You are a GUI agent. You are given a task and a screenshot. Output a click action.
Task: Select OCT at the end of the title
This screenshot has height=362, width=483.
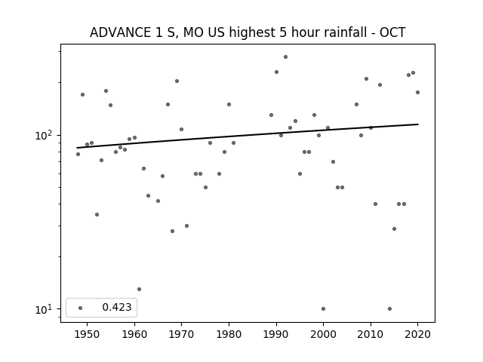pyautogui.click(x=392, y=32)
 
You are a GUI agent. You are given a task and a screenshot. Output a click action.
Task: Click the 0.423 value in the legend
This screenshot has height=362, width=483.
pyautogui.click(x=117, y=307)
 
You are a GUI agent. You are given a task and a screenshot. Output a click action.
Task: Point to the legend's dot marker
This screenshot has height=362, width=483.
pyautogui.click(x=81, y=308)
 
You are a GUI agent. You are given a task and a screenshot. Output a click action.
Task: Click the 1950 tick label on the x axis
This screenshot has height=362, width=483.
pyautogui.click(x=88, y=334)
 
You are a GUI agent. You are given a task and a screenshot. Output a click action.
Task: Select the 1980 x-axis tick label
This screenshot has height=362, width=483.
pyautogui.click(x=229, y=334)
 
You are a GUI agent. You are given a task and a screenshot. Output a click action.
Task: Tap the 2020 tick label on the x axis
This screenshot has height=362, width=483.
pyautogui.click(x=417, y=334)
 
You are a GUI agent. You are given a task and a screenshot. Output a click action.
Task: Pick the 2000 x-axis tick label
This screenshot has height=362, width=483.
pyautogui.click(x=323, y=334)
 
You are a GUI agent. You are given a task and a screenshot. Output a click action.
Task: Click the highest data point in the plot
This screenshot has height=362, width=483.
pyautogui.click(x=285, y=57)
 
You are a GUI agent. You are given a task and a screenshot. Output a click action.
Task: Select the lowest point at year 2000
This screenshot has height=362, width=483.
pyautogui.click(x=323, y=308)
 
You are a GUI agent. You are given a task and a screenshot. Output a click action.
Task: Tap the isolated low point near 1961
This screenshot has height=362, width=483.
pyautogui.click(x=139, y=289)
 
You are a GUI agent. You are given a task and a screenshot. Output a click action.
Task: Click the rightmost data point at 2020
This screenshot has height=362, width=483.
pyautogui.click(x=417, y=92)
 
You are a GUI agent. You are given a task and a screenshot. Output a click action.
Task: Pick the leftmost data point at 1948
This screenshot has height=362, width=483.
pyautogui.click(x=78, y=154)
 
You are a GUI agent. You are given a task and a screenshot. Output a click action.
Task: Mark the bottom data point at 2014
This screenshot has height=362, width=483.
pyautogui.click(x=389, y=308)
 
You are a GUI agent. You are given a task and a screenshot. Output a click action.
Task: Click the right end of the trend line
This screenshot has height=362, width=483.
pyautogui.click(x=418, y=124)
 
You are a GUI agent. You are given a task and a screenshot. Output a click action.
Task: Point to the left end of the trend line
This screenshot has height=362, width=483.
pyautogui.click(x=77, y=148)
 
